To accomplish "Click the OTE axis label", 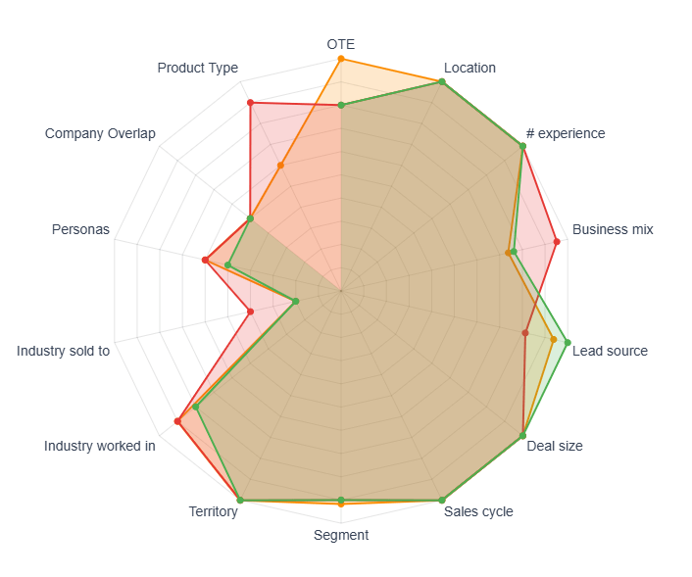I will (x=341, y=44).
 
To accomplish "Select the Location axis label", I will (x=470, y=68).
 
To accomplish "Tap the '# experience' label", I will (x=566, y=133).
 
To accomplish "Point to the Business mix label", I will (x=613, y=229).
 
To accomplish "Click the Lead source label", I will (x=610, y=351).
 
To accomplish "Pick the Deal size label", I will (x=555, y=446).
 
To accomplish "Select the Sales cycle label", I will (x=478, y=511).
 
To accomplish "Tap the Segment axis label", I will (x=341, y=535).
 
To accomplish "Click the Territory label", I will (x=214, y=511).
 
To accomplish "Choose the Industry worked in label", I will (x=100, y=446).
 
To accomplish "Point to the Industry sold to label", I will (x=64, y=350).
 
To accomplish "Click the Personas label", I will (x=81, y=230).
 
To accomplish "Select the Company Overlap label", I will (x=100, y=133).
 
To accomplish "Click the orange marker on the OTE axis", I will (x=341, y=59).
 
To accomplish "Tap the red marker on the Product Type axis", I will (x=250, y=103).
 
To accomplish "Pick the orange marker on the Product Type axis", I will (x=280, y=166).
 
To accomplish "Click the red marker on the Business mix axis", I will (x=556, y=241).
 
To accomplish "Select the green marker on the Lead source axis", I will (x=567, y=341).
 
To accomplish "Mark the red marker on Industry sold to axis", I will (x=250, y=312).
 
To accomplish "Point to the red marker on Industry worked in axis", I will (x=178, y=421).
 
